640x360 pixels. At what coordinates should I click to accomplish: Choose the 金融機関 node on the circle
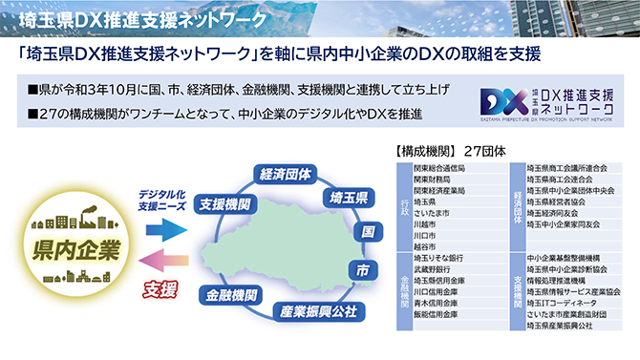pos(228,296)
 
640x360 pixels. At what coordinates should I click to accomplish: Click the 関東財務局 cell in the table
pos(435,179)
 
